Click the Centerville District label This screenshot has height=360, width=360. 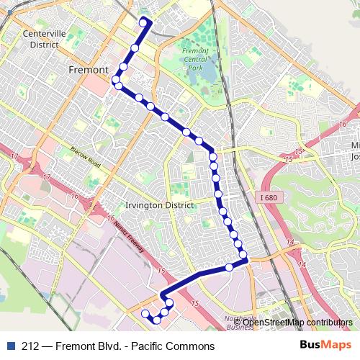tap(45, 39)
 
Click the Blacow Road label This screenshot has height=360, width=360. tap(85, 155)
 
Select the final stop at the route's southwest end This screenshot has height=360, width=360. tap(145, 313)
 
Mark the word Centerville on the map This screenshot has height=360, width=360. tap(45, 34)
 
